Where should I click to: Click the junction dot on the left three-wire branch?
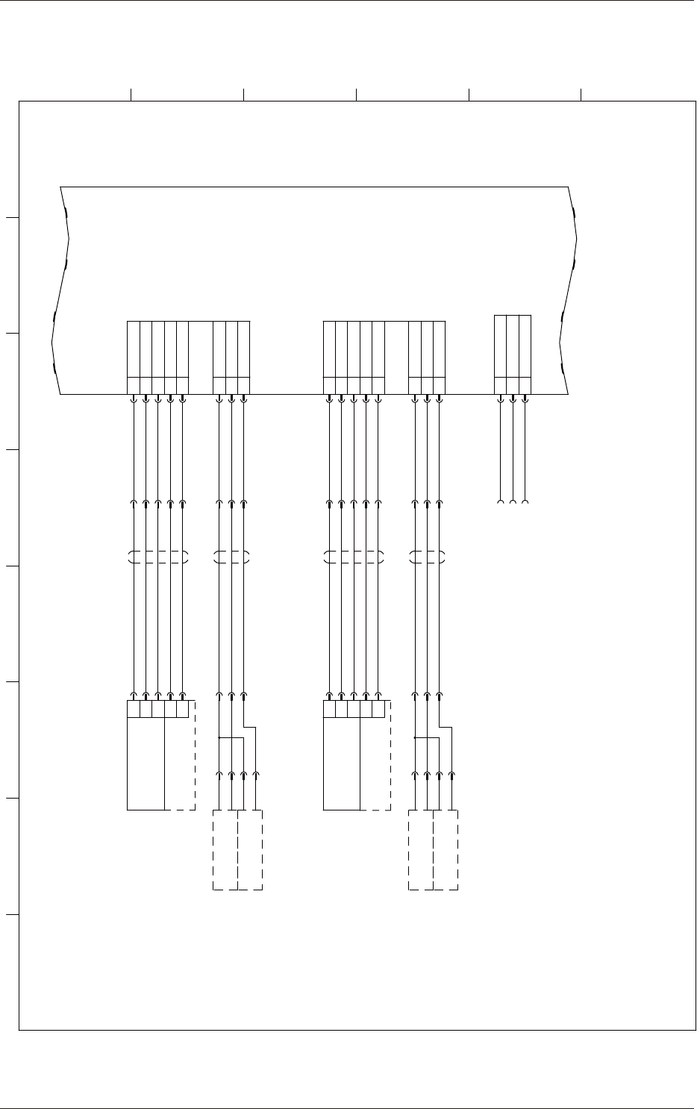219,738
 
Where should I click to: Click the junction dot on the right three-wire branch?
414,738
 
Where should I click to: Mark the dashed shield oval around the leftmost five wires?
158,557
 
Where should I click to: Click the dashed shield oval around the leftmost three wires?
231,557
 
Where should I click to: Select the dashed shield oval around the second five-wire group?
354,557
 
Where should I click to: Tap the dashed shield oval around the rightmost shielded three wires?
427,557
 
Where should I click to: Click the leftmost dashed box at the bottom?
225,849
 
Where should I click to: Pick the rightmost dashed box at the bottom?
446,849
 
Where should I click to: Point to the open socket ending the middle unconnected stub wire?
513,502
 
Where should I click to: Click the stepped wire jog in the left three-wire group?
250,726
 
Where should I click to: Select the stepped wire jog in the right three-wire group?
446,726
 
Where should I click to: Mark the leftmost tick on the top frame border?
131,93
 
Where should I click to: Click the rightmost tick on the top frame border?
581,93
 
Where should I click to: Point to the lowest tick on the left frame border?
12,915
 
